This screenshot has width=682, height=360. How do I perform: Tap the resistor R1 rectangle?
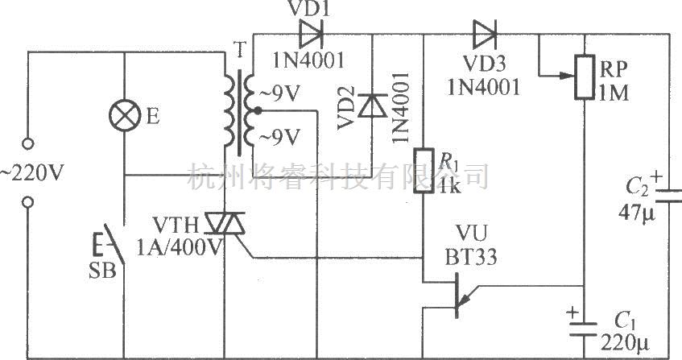(423, 172)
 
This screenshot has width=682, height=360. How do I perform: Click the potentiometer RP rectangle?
(583, 78)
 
